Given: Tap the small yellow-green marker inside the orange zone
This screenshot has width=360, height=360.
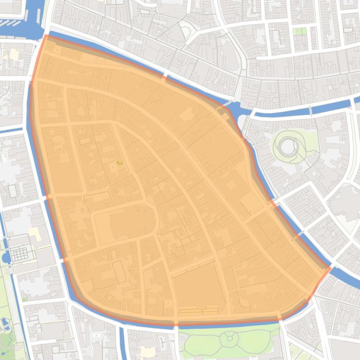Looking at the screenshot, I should point(119,162).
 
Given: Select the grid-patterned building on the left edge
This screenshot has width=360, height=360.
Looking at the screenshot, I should point(20,254).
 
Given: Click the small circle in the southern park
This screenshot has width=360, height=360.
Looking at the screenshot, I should point(229,338).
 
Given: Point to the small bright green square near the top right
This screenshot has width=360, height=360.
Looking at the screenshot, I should point(298,31).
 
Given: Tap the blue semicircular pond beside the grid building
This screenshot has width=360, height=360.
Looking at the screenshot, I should point(6,257).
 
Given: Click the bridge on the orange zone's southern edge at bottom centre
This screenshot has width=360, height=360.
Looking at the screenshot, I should point(176,323).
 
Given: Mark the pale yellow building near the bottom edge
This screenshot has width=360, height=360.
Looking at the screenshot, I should point(147,352).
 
